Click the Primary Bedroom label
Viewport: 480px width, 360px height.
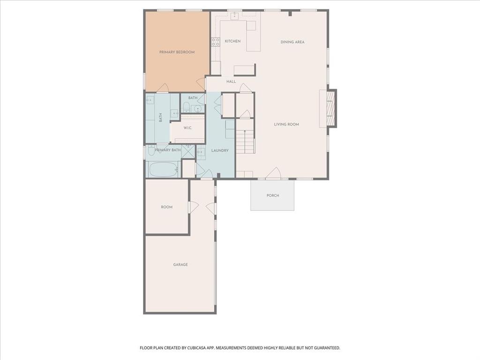click(x=177, y=52)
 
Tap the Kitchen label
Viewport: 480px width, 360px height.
click(x=232, y=41)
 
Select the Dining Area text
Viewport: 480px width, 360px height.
click(x=292, y=42)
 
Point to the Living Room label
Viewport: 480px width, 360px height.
click(x=286, y=124)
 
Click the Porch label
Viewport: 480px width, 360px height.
click(x=273, y=195)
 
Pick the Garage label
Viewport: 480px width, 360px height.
click(x=180, y=264)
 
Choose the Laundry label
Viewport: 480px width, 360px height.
click(x=220, y=150)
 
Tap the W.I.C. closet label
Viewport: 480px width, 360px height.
click(x=187, y=128)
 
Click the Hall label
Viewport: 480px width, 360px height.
click(x=231, y=82)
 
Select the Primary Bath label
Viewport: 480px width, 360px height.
click(x=168, y=150)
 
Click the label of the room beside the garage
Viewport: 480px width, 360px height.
click(x=167, y=207)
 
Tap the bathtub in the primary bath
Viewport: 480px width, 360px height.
click(x=162, y=170)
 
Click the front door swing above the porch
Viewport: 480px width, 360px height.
click(x=274, y=173)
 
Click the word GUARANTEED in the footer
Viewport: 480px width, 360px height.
click(x=324, y=348)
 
